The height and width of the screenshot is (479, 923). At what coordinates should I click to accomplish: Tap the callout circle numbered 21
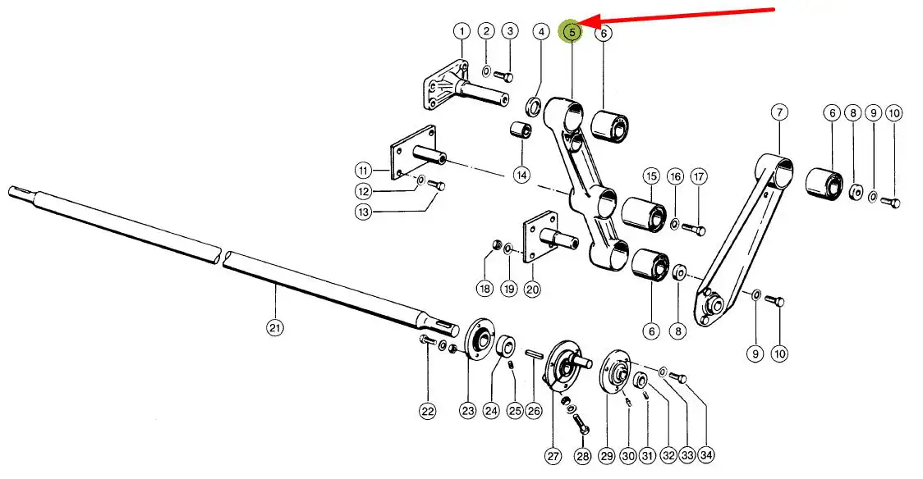point(274,328)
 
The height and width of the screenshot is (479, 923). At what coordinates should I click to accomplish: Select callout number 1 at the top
point(461,31)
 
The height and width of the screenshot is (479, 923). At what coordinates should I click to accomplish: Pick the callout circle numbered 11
point(365,171)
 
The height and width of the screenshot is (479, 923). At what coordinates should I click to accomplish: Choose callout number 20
point(532,289)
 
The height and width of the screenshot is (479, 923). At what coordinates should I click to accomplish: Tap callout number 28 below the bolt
point(582,455)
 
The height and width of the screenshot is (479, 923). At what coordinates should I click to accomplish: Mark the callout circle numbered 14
point(521,174)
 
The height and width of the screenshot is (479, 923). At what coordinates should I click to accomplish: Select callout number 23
point(468,411)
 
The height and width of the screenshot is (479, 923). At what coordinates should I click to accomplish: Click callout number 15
point(651,176)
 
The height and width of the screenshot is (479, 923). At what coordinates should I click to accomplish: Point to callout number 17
point(699,176)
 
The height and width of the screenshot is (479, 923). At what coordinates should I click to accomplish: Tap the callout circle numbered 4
point(540,32)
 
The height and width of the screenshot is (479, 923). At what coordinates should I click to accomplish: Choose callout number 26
point(535,411)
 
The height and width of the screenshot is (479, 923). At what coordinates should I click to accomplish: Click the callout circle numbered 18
point(484,289)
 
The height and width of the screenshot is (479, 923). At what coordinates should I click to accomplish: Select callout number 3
point(510,31)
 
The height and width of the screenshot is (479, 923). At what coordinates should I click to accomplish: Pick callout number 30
point(628,455)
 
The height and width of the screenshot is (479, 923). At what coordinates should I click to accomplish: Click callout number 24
point(491,411)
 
